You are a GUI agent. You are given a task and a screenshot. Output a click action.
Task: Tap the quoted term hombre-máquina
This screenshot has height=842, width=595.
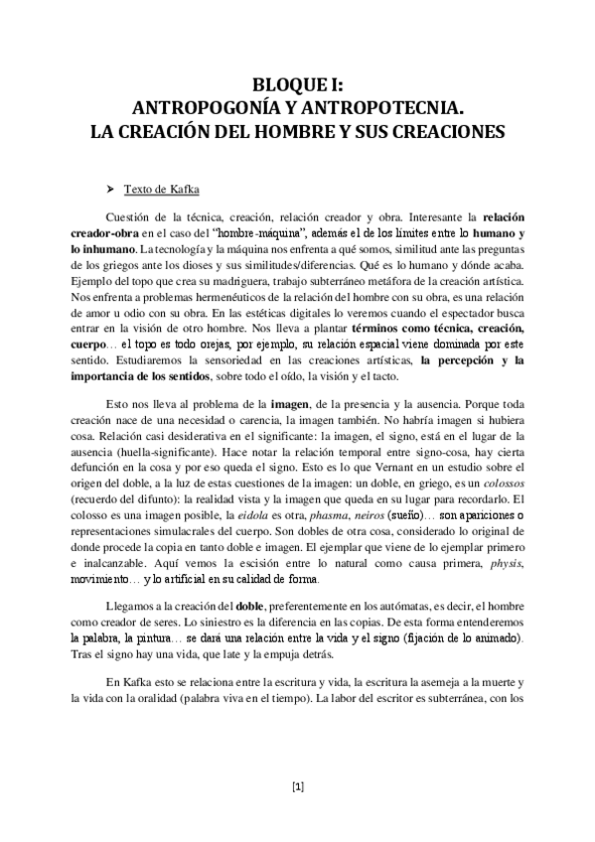pyautogui.click(x=234, y=231)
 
